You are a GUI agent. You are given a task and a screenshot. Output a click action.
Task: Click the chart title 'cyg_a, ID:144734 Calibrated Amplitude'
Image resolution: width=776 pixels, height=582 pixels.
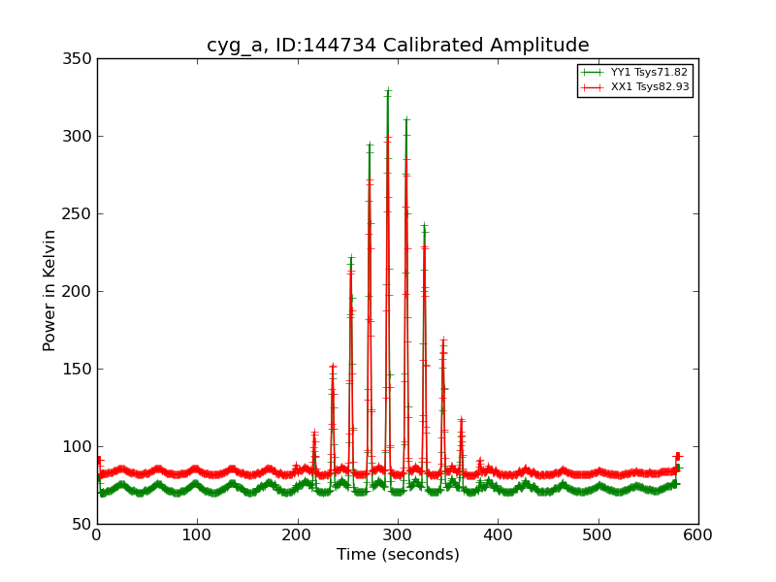(398, 46)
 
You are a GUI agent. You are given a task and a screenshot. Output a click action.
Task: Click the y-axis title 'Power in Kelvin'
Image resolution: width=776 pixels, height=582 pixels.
(49, 290)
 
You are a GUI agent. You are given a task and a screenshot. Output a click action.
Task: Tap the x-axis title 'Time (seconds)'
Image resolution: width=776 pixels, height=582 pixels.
(398, 555)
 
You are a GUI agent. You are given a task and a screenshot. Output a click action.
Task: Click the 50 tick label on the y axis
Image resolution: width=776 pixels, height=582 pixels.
(82, 524)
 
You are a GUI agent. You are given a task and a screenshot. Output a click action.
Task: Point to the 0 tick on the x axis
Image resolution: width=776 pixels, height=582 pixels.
(97, 534)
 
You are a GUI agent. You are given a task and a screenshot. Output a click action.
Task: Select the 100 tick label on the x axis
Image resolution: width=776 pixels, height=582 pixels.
(197, 534)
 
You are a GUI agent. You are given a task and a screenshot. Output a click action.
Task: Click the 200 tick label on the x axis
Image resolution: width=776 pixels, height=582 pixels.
(298, 534)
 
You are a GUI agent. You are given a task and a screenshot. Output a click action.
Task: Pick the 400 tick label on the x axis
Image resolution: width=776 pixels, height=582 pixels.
(498, 534)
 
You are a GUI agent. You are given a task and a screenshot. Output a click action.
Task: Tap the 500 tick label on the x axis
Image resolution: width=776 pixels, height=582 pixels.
(598, 534)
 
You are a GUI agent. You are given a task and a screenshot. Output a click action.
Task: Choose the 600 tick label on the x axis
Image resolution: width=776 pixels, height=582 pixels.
(698, 534)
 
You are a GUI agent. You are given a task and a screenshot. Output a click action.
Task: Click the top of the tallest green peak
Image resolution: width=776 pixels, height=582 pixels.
(387, 90)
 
